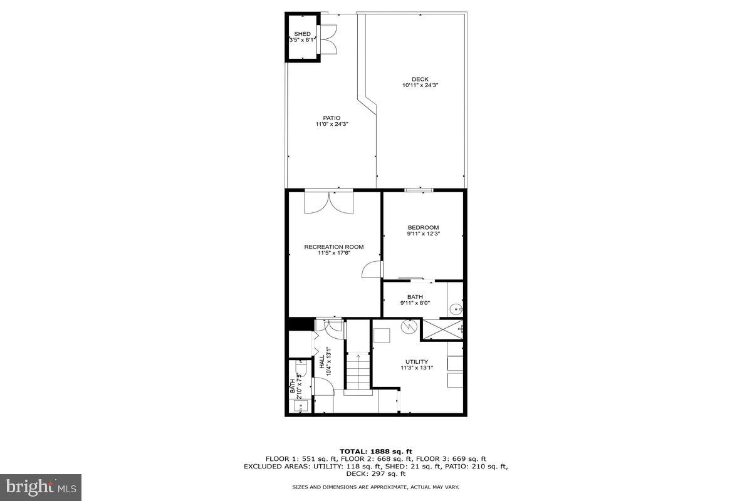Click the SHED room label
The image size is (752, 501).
tap(302, 34)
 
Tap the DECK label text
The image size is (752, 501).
tap(420, 79)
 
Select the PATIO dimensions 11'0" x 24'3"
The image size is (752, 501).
tap(332, 124)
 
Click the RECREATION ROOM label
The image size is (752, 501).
tap(333, 247)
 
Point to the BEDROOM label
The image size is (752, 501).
tap(423, 227)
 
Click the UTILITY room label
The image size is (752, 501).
tap(416, 361)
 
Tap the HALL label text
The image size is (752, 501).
tap(321, 361)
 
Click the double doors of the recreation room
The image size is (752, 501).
tap(329, 202)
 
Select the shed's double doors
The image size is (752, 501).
tap(328, 38)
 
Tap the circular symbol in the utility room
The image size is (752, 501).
tap(407, 326)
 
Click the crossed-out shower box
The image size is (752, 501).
tap(443, 328)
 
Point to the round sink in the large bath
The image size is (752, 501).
tap(456, 309)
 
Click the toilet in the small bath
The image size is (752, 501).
tap(300, 370)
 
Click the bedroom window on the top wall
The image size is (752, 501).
tap(418, 190)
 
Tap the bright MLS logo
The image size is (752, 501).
tap(41, 486)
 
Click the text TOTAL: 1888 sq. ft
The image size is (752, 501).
tap(375, 451)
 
